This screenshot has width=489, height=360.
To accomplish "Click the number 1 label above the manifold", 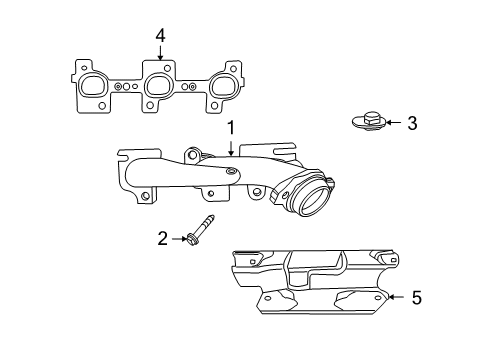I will (230, 128).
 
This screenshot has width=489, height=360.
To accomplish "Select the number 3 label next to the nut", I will (410, 123).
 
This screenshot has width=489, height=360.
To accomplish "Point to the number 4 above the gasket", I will (159, 37).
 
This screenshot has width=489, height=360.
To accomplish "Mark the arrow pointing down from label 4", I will (159, 56).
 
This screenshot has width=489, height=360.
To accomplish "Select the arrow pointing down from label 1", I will (230, 148).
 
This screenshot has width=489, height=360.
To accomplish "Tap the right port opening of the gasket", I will (222, 88).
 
